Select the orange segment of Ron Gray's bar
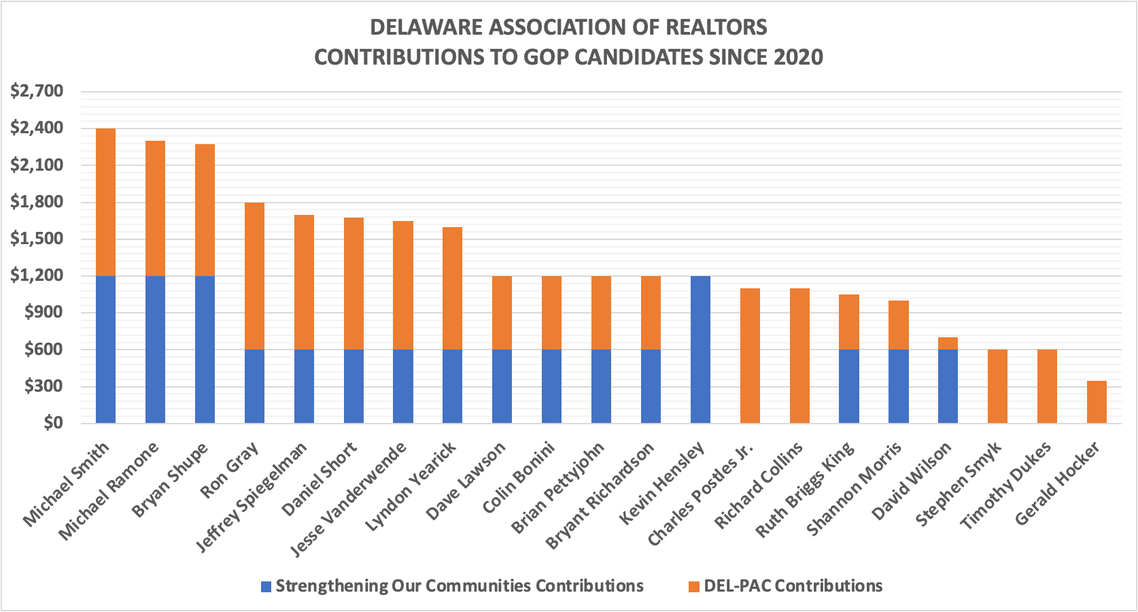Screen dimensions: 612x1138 (x=254, y=275)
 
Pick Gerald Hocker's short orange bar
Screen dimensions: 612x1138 (x=1097, y=402)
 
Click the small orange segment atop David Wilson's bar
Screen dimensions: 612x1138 (x=948, y=343)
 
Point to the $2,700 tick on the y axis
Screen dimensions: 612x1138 (x=37, y=91)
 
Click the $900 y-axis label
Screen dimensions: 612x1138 (x=41, y=312)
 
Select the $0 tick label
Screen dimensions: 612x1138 (x=52, y=423)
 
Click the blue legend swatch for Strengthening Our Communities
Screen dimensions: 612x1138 (x=266, y=586)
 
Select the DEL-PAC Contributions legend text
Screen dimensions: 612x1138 (x=793, y=585)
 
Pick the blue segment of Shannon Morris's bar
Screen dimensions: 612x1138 (x=898, y=386)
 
